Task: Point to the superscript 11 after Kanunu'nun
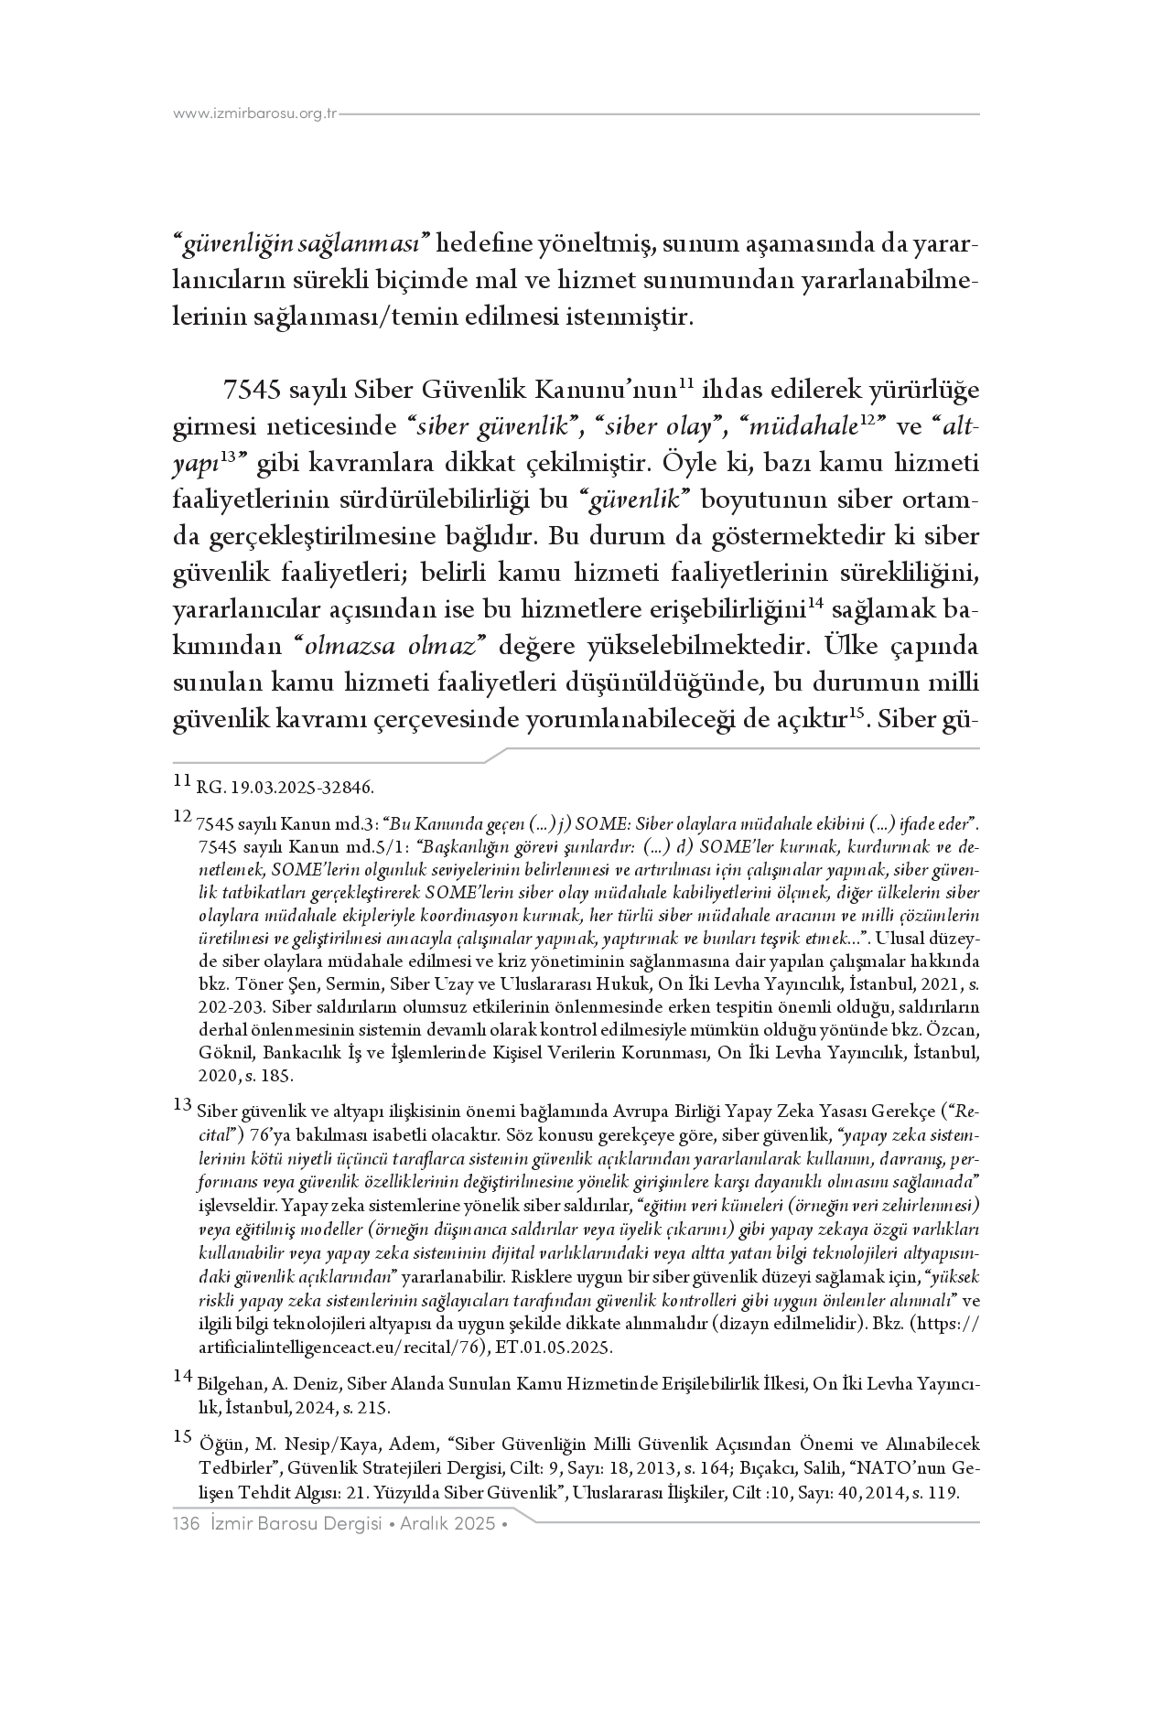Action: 689,383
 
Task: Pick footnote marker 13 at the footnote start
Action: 182,1105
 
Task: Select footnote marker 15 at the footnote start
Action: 182,1438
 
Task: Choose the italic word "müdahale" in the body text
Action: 790,427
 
